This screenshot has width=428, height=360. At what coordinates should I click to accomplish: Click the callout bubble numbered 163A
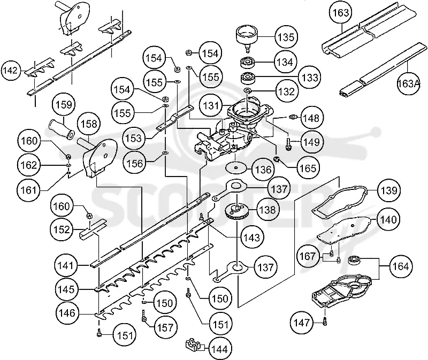click(x=408, y=83)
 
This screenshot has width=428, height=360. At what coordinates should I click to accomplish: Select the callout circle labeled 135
click(x=286, y=37)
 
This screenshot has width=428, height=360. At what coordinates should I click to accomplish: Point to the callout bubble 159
click(x=64, y=104)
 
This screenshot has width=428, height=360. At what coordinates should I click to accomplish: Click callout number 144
click(x=220, y=349)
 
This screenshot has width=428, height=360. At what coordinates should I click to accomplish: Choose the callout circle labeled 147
click(x=302, y=323)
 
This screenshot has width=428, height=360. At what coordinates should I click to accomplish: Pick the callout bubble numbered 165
click(x=308, y=168)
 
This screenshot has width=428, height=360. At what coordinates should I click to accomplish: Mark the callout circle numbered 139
click(x=389, y=190)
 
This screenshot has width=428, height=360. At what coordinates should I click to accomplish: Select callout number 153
click(x=134, y=138)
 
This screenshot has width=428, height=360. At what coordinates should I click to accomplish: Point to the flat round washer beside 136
click(x=236, y=167)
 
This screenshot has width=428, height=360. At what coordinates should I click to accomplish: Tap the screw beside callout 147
click(x=325, y=320)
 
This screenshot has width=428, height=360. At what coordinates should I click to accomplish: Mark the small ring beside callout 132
click(x=248, y=90)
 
